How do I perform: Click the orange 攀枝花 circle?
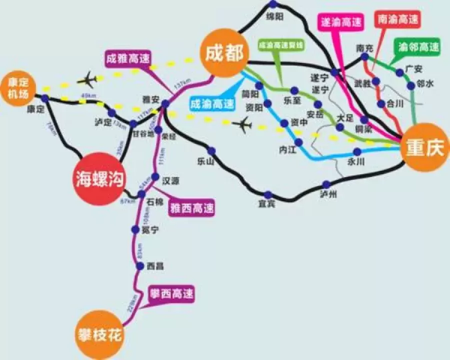pos(99,330)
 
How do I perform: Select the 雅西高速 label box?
pos(192,207)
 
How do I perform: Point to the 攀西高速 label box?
pos(171,292)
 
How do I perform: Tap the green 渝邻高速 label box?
pos(418,47)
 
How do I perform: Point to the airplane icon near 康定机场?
pos(88,78)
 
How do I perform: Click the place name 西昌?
pos(155,265)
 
